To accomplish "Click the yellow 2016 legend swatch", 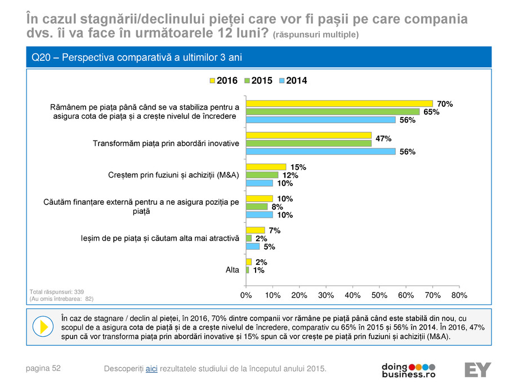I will tap(212, 81).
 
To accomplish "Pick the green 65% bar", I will tap(333, 111).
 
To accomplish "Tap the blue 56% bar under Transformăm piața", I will tap(320, 151).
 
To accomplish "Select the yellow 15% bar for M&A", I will tap(266, 167).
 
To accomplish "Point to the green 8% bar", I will tap(257, 206).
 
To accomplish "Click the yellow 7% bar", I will tap(256, 230).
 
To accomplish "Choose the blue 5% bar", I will tap(253, 246).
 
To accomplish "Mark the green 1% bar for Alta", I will tap(248, 270).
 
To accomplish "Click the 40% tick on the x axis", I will tap(352, 295).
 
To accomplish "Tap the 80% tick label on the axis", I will tap(459, 295).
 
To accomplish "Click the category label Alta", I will tap(232, 270).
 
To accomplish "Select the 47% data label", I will tap(383, 138).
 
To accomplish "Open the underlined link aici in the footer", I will tap(151, 368).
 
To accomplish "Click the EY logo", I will tap(477, 369).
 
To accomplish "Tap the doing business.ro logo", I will tap(409, 369).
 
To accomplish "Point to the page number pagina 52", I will tap(43, 368).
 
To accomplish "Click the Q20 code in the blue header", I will tap(43, 57).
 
